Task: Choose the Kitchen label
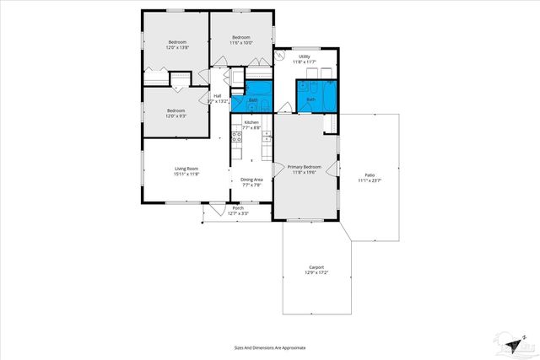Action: [251, 123]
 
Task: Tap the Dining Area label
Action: [251, 179]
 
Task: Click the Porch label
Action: [238, 208]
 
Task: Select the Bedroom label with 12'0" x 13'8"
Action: [176, 42]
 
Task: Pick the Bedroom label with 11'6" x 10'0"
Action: [241, 37]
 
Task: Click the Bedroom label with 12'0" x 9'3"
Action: [175, 110]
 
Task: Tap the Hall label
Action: [218, 96]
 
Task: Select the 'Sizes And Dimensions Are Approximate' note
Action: [270, 347]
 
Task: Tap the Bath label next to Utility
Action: [310, 99]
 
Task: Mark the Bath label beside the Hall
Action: [252, 99]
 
